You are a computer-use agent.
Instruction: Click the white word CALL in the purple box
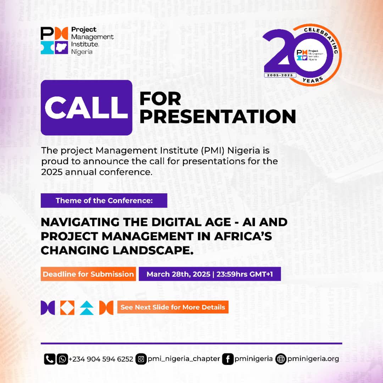pyautogui.click(x=87, y=107)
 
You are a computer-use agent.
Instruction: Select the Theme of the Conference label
pyautogui.click(x=104, y=201)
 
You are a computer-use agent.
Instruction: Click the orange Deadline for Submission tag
pyautogui.click(x=88, y=274)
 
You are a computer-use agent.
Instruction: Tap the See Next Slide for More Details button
pyautogui.click(x=173, y=307)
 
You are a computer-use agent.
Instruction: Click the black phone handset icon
pyautogui.click(x=50, y=359)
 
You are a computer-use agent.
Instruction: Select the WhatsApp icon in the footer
pyautogui.click(x=62, y=359)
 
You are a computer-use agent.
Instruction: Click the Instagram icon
pyautogui.click(x=141, y=359)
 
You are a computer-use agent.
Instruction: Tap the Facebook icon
pyautogui.click(x=227, y=359)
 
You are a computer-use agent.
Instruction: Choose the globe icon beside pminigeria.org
pyautogui.click(x=281, y=359)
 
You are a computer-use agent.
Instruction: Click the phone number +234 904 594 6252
pyautogui.click(x=101, y=359)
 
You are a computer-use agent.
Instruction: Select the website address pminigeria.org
pyautogui.click(x=313, y=359)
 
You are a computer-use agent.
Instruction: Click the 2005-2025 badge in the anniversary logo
pyautogui.click(x=280, y=75)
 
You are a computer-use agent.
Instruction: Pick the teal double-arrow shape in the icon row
pyautogui.click(x=87, y=307)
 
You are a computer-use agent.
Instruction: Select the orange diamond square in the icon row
pyautogui.click(x=67, y=307)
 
